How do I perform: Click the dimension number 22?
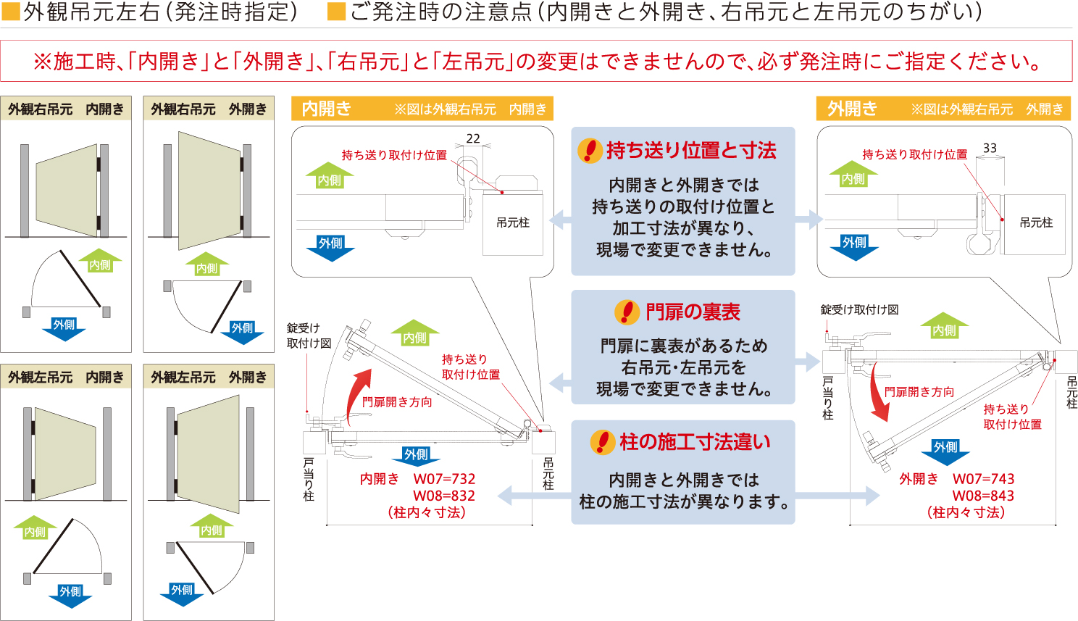pos(473,138)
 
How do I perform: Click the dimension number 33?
pos(990,148)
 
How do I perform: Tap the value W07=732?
pos(444,479)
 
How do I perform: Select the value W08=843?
pos(983,496)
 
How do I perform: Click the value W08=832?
pos(444,496)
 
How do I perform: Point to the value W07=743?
pos(983,479)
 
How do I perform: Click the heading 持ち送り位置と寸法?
pos(691,151)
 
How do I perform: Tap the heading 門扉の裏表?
pos(693,312)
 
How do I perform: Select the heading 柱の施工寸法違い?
pos(695,442)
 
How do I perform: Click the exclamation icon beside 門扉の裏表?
pos(626,312)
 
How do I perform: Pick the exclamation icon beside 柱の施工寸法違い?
pos(602,442)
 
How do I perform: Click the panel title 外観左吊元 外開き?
pos(209,378)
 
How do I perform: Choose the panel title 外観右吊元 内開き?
pos(66,109)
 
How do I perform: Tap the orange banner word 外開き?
pos(852,109)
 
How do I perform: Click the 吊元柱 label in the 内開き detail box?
pos(513,222)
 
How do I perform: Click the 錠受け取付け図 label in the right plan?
pos(859,309)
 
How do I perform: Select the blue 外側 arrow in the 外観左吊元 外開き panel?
pos(181,592)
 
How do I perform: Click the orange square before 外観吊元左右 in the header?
pos(11,12)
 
